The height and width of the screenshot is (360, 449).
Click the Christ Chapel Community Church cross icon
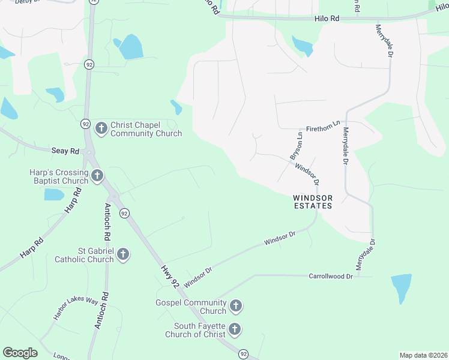click(x=101, y=128)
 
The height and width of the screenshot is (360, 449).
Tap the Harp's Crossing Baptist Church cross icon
click(x=97, y=176)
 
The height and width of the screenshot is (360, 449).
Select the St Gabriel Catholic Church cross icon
click(x=123, y=255)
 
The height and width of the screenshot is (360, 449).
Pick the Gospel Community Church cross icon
click(x=236, y=307)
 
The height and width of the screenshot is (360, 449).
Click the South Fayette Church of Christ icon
click(x=235, y=329)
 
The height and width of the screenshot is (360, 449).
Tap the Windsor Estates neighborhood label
click(x=312, y=202)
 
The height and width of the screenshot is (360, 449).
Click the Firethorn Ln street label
click(x=323, y=128)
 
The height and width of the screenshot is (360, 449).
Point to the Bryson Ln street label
click(x=297, y=146)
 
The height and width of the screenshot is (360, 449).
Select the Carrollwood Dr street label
click(x=331, y=276)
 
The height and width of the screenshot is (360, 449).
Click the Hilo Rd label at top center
click(x=327, y=19)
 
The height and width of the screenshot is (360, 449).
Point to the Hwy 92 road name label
click(x=170, y=275)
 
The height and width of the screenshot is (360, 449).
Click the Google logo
click(x=20, y=353)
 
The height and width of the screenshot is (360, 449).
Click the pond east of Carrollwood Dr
click(x=401, y=289)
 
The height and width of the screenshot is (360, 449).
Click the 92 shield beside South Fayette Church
click(x=243, y=354)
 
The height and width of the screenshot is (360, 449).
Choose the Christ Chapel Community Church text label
click(x=146, y=129)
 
